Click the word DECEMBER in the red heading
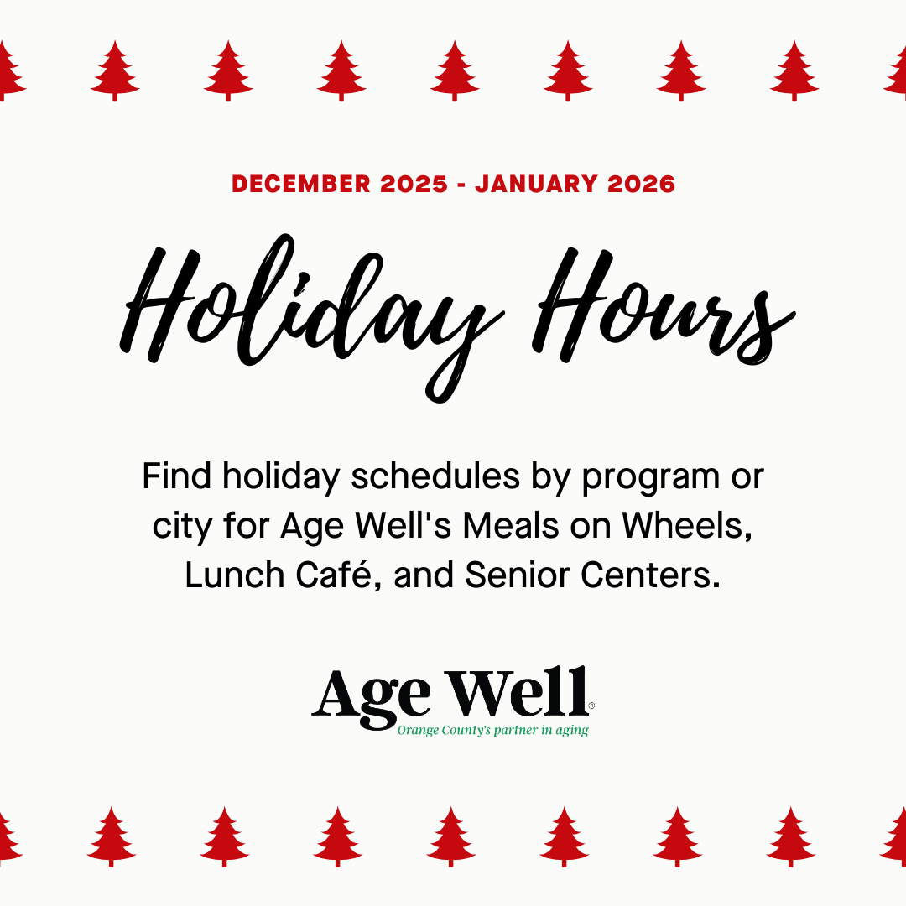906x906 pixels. point(301,184)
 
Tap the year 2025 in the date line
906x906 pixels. point(414,184)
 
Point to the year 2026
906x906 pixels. point(641,184)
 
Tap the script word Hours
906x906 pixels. point(664,306)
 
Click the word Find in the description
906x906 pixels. point(176,476)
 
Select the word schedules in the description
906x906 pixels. point(435,476)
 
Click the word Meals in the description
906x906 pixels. point(511,526)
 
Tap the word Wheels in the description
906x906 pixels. point(687,527)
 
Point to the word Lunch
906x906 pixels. point(235,575)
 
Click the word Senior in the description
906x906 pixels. point(517,575)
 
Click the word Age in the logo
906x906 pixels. point(371,696)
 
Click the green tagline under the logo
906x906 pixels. point(493,731)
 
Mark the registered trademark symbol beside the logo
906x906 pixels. point(591,706)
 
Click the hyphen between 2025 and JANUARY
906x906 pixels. point(461,185)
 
